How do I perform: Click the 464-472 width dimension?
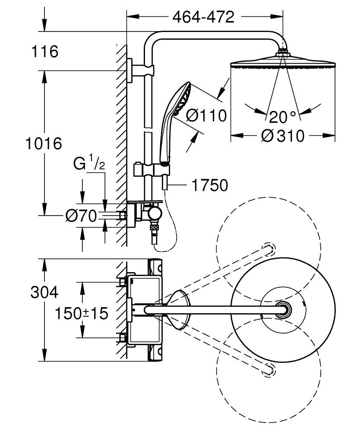[203, 17]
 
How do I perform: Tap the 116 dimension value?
[44, 52]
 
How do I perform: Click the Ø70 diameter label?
[82, 215]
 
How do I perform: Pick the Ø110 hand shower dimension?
[206, 115]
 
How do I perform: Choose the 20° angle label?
[283, 117]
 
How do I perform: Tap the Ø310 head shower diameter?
[283, 136]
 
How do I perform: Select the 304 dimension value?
[44, 292]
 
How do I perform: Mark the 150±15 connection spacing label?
[82, 313]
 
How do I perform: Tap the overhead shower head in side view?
[283, 64]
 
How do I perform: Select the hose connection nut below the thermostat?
[153, 227]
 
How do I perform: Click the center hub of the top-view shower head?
[284, 310]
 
